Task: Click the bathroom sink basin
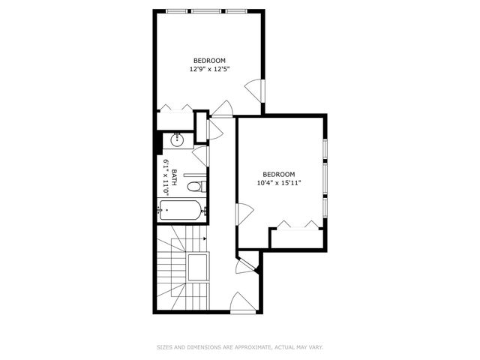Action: tap(178, 139)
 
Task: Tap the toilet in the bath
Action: tap(194, 187)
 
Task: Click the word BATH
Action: tap(174, 178)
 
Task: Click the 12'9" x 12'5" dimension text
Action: tap(209, 69)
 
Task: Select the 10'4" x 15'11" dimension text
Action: tap(280, 182)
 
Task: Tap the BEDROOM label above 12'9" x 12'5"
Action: tap(209, 60)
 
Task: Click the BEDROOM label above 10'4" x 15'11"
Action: tap(280, 173)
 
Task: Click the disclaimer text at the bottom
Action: tap(239, 347)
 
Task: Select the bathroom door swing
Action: tap(200, 155)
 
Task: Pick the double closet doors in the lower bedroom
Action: tap(297, 223)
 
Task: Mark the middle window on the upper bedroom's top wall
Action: tap(209, 11)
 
